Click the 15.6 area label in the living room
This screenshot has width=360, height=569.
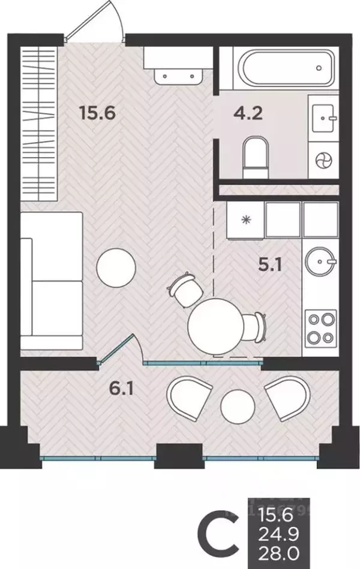pyautogui.click(x=97, y=113)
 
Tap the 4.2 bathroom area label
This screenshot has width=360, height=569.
pyautogui.click(x=248, y=113)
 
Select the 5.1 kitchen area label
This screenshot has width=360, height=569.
pyautogui.click(x=270, y=265)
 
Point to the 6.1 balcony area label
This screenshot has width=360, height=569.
pyautogui.click(x=122, y=389)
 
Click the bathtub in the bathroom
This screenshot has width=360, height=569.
pyautogui.click(x=286, y=68)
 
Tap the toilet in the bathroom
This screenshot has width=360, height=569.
pyautogui.click(x=256, y=156)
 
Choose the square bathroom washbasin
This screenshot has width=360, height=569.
pyautogui.click(x=323, y=118)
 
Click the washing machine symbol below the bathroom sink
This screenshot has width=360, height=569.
pyautogui.click(x=323, y=161)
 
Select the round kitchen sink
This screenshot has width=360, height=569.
pyautogui.click(x=320, y=261)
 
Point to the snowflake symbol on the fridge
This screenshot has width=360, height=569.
pyautogui.click(x=247, y=219)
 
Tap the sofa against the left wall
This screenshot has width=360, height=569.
pyautogui.click(x=51, y=281)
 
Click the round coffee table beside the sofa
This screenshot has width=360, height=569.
pyautogui.click(x=116, y=267)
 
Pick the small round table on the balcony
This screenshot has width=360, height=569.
pyautogui.click(x=238, y=406)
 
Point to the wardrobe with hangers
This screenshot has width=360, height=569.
pyautogui.click(x=38, y=124)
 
